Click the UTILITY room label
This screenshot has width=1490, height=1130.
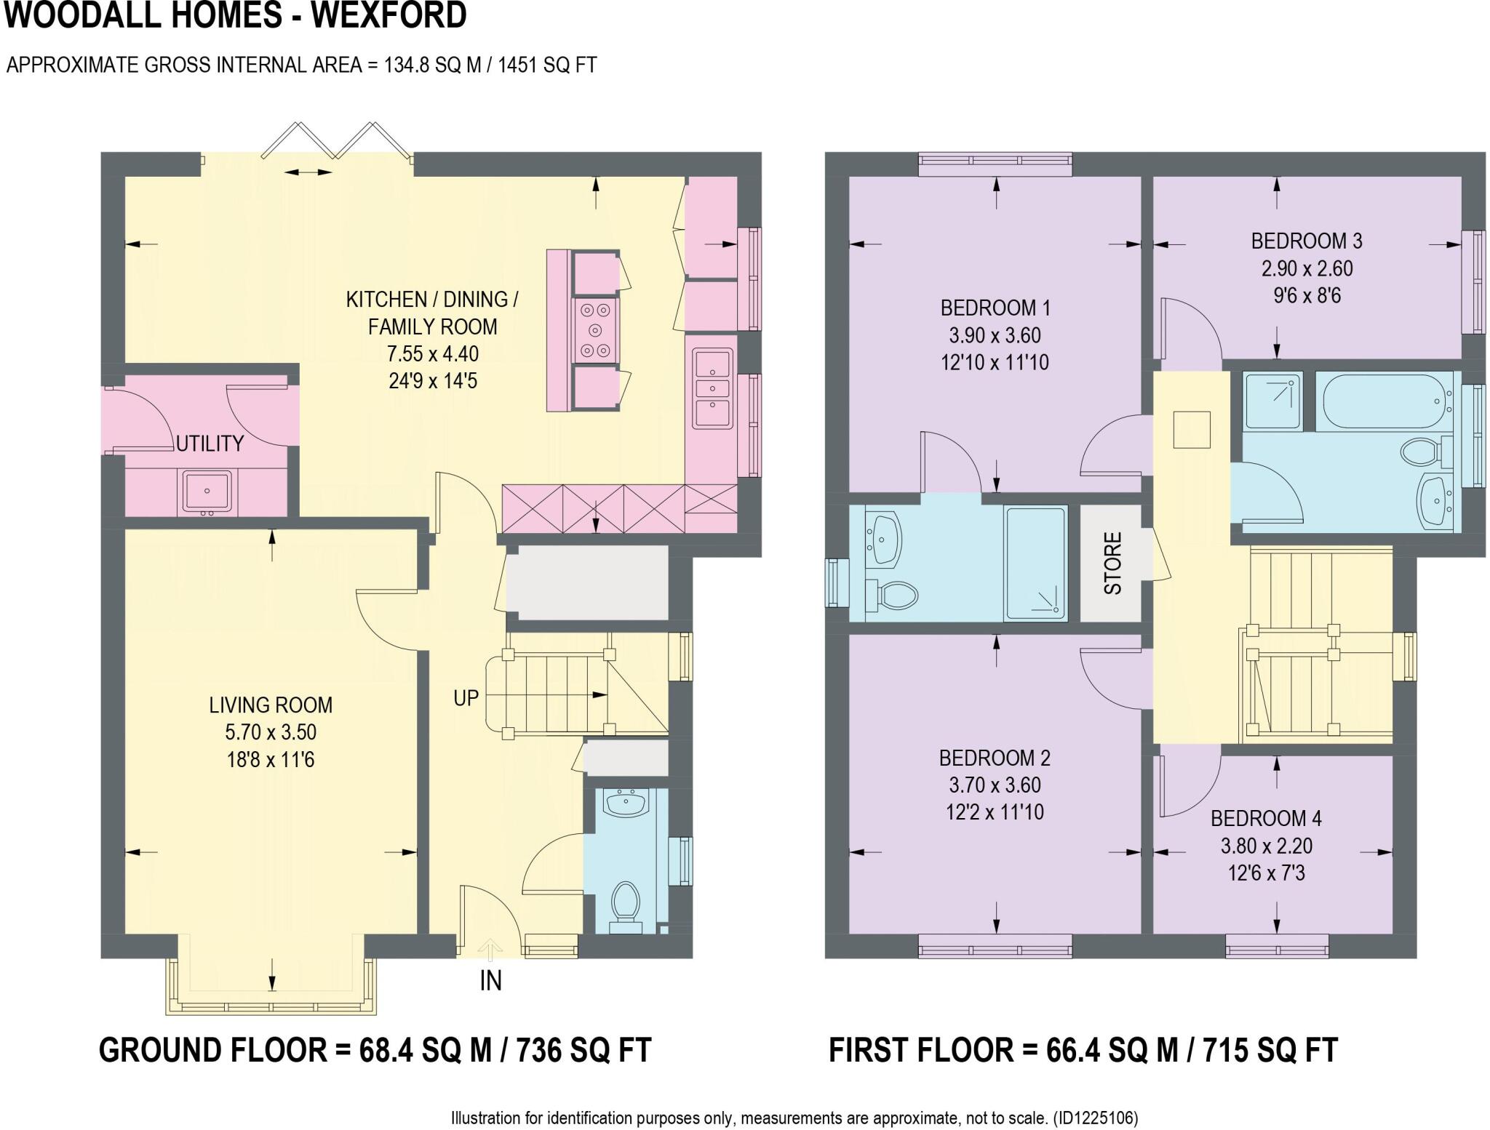pos(210,444)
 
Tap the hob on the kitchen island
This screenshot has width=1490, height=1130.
pos(596,331)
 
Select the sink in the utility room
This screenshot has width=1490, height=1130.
pos(207,491)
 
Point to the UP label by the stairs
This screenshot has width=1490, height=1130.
pos(466,698)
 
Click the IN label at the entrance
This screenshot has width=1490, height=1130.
pos(490,982)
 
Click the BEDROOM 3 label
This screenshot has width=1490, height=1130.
pos(1307,241)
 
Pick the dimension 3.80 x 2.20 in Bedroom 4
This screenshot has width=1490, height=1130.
pos(1267,846)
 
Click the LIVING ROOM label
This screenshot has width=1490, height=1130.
pos(271,705)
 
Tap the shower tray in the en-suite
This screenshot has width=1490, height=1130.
pos(1036,564)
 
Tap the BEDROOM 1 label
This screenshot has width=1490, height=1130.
pos(995,308)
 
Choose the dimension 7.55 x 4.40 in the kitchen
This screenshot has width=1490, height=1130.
pos(433,354)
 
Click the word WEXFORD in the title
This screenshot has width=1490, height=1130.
pos(389,16)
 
